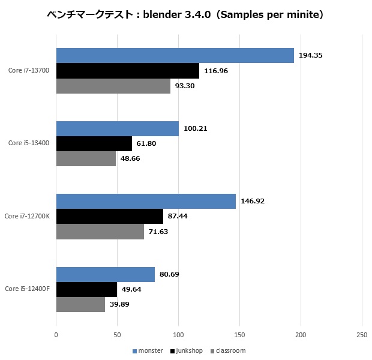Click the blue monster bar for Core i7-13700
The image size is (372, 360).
(175, 55)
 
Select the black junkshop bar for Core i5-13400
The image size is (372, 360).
(94, 143)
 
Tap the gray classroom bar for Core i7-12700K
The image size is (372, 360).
(100, 232)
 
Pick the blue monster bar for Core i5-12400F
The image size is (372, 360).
(105, 274)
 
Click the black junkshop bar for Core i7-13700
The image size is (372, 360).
(127, 71)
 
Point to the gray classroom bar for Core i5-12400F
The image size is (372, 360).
(80, 304)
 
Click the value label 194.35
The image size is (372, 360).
(311, 55)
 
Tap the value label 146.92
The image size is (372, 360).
(252, 201)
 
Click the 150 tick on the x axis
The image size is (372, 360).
(239, 335)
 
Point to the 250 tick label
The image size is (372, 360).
(361, 335)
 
